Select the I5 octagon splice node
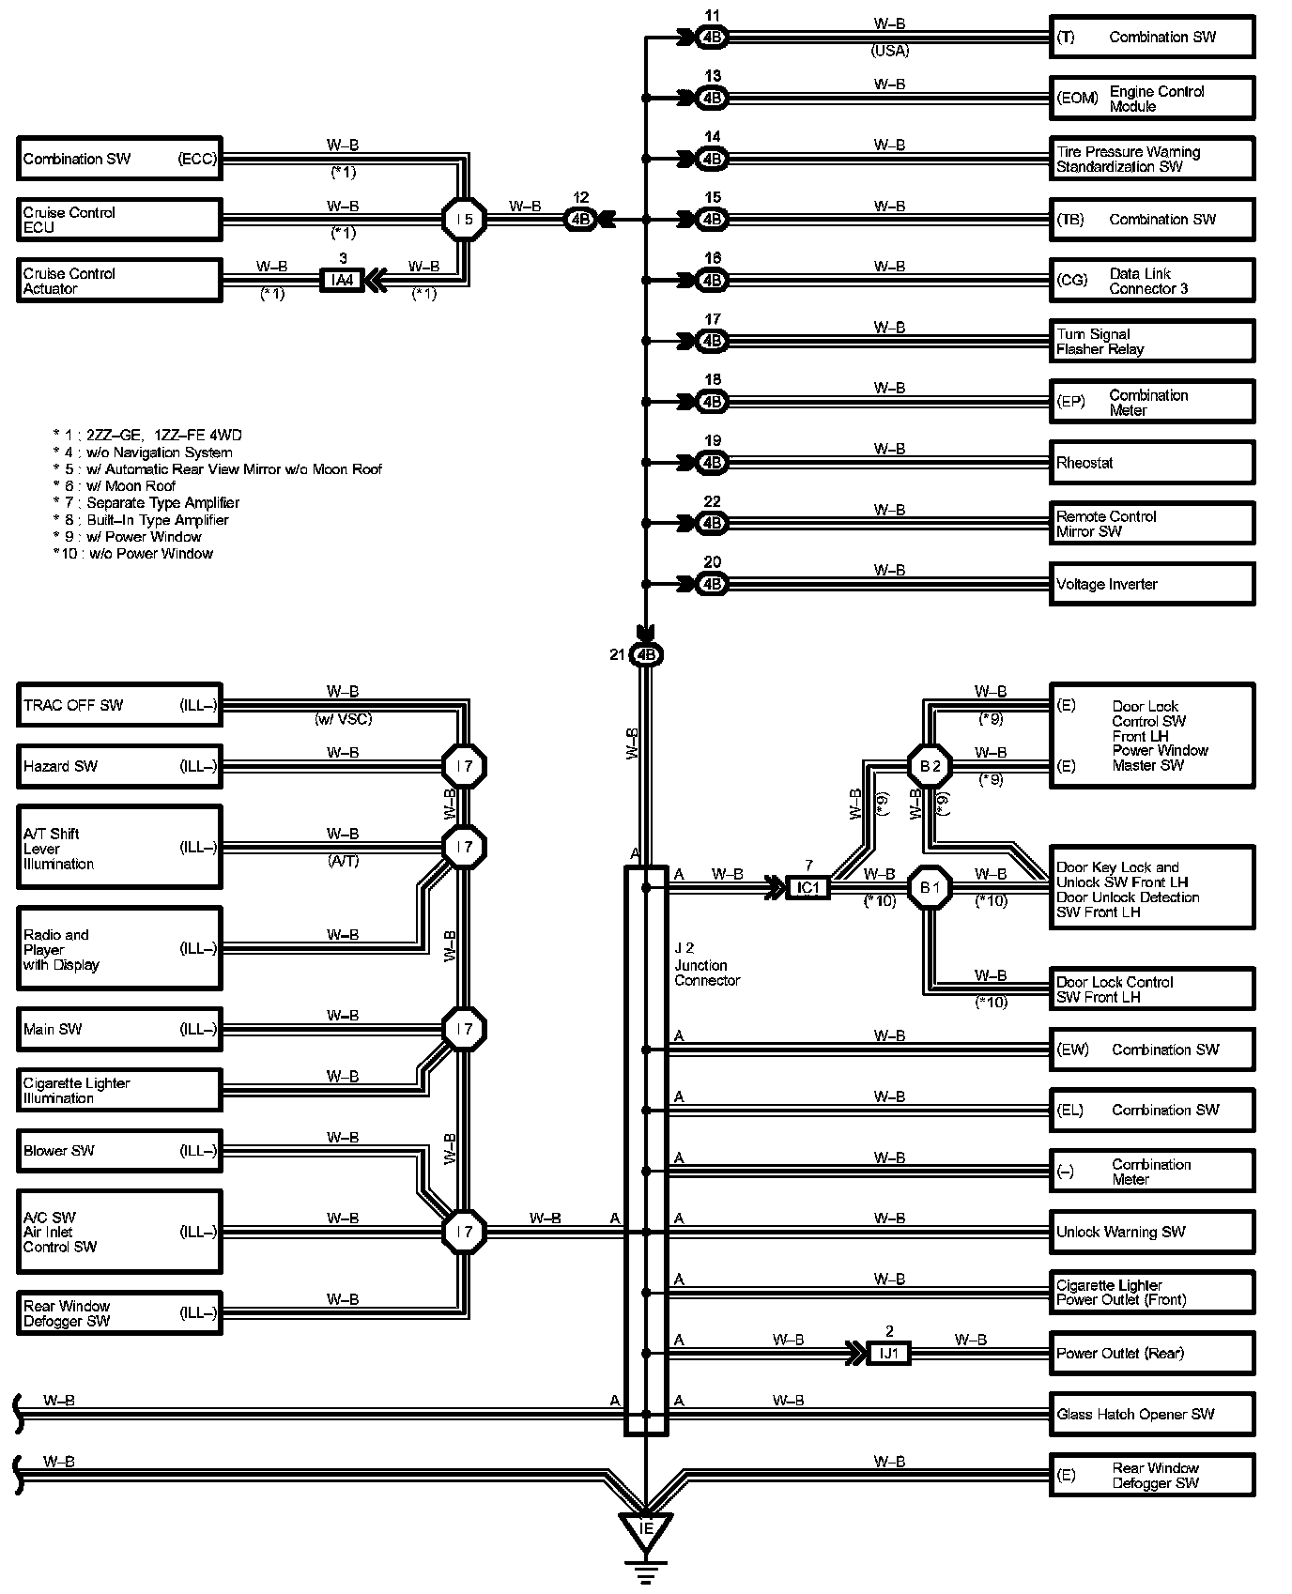coord(464,220)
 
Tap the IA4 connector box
coord(342,280)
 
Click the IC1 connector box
coord(807,887)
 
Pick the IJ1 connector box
coord(888,1353)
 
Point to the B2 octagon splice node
coord(930,766)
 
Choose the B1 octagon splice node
coord(930,887)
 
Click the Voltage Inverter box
coord(1152,584)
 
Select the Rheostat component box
coord(1152,463)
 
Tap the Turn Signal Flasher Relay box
coord(1152,341)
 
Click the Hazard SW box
coord(119,766)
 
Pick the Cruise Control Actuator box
coord(119,281)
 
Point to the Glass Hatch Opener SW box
coord(1152,1414)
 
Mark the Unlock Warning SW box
coord(1152,1232)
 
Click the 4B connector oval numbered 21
coord(646,654)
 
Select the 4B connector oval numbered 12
coord(580,220)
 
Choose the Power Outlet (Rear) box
coord(1152,1353)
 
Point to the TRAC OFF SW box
coord(119,705)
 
